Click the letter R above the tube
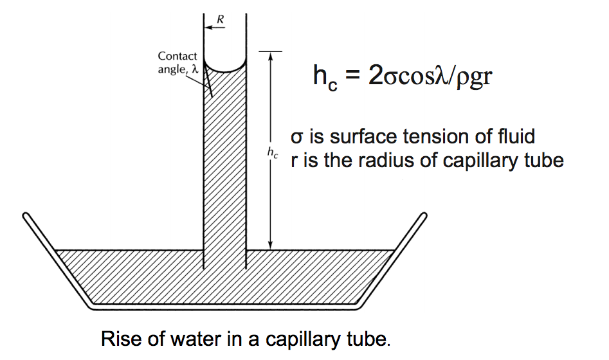tap(221, 19)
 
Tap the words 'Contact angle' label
tap(177, 63)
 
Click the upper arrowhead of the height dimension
tap(271, 55)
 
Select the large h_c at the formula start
tap(324, 78)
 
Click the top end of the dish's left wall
tap(26, 216)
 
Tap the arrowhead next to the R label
tap(207, 28)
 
